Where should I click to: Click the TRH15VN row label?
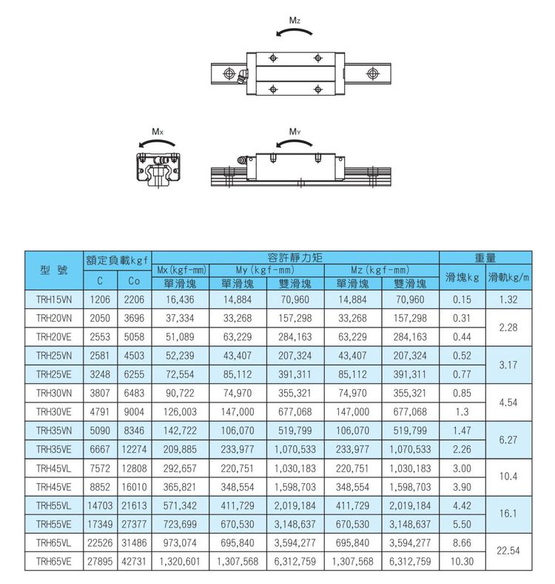53,300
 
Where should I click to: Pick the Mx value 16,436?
181,300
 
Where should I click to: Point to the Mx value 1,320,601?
181,563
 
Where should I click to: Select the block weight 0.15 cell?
462,300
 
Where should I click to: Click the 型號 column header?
53,271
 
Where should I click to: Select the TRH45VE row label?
53,487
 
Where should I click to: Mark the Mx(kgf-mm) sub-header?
181,270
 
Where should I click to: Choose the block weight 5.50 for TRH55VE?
462,525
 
